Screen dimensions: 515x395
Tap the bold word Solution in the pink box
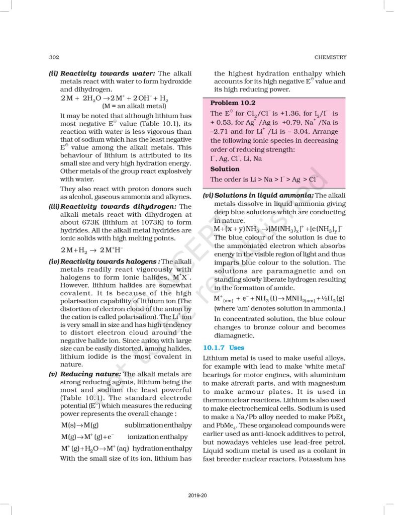[x=225, y=169]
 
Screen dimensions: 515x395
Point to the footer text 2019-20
[x=197, y=499]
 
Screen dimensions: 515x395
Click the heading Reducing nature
[x=90, y=374]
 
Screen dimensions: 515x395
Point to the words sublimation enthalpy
[x=160, y=425]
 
